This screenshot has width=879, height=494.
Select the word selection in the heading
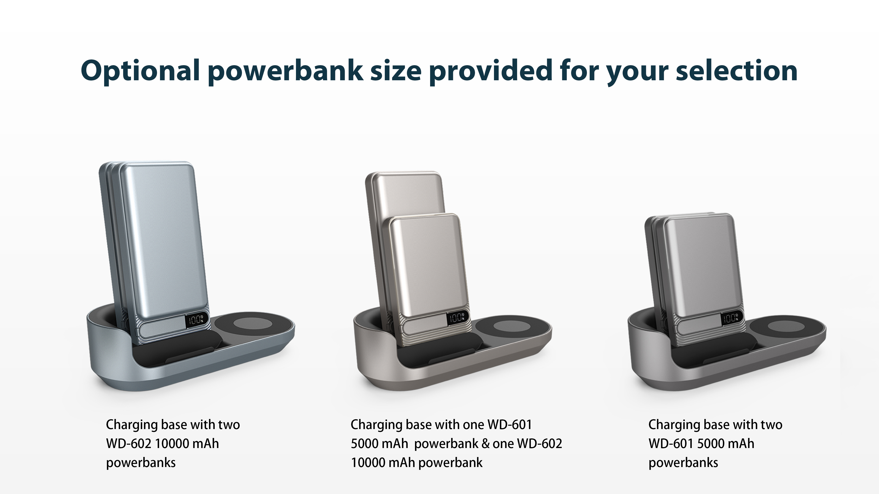[737, 71]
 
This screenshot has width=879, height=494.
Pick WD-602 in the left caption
[129, 443]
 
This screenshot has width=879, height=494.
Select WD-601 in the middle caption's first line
[510, 425]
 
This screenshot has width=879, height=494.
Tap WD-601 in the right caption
[671, 443]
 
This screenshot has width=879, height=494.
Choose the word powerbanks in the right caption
[683, 463]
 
